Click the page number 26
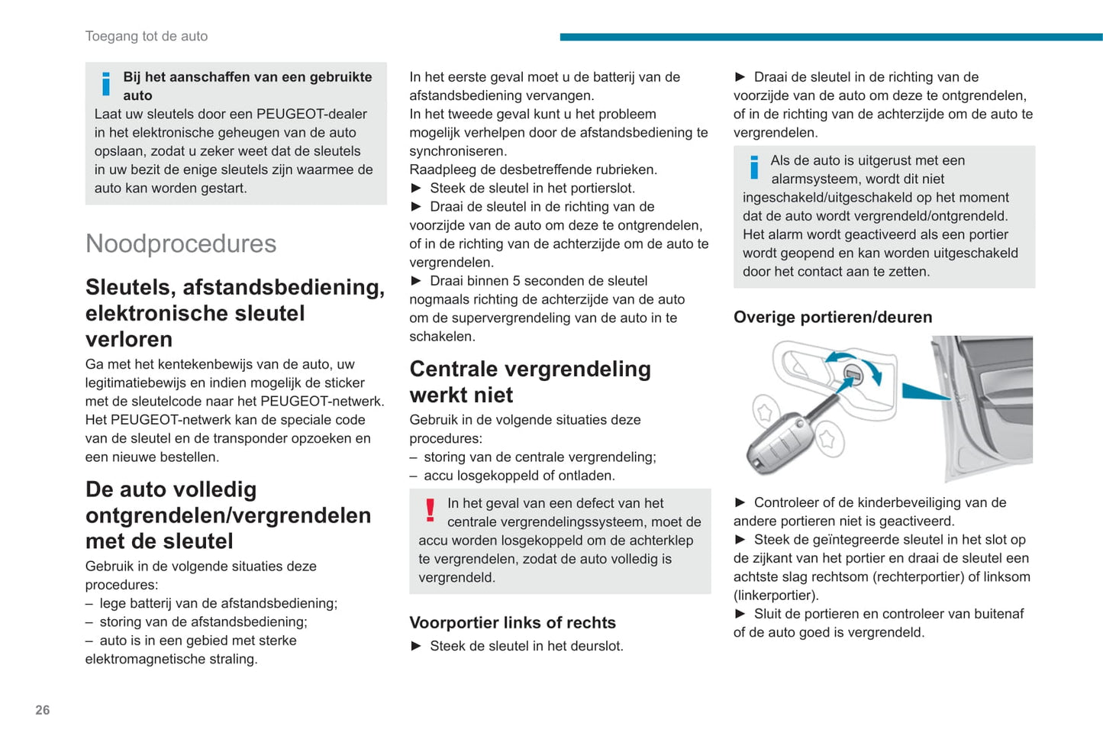[42, 710]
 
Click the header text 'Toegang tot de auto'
[146, 36]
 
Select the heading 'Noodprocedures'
[181, 244]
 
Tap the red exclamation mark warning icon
[431, 510]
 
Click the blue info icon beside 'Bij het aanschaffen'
[106, 84]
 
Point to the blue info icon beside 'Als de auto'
[754, 167]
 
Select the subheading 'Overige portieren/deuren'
[832, 317]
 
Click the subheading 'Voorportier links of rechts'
[512, 622]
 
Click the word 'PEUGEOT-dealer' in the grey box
[311, 114]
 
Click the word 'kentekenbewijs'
[181, 364]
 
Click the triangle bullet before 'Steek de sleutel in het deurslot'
[417, 646]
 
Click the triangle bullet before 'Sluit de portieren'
[740, 614]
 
